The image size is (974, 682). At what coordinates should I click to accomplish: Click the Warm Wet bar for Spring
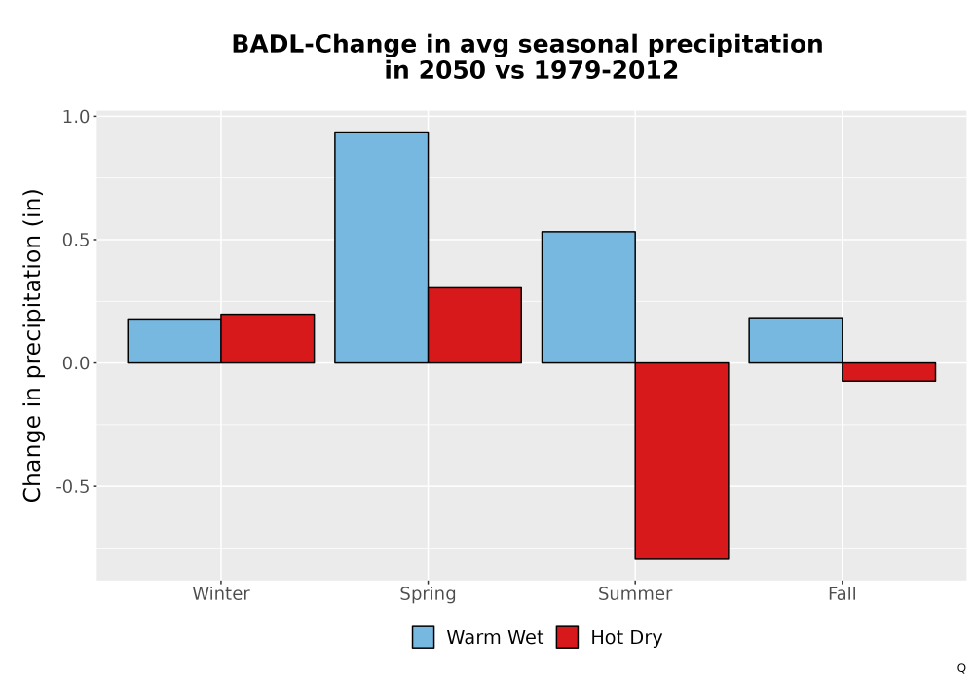[382, 247]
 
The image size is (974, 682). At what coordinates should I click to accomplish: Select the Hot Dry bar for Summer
[682, 461]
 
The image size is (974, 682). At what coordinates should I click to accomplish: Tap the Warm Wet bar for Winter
[174, 341]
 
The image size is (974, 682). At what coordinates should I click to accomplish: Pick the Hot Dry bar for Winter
[268, 338]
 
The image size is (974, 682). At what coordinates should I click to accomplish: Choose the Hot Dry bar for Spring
[474, 325]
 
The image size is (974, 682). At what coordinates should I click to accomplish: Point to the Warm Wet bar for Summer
[588, 297]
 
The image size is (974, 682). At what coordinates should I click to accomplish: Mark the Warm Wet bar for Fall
[796, 340]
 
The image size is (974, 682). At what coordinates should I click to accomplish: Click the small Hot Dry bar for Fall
[889, 372]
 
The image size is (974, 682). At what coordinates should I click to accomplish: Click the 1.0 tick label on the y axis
[76, 117]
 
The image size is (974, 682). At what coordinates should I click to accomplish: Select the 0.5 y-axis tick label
[76, 240]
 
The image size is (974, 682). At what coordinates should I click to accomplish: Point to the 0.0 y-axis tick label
[76, 363]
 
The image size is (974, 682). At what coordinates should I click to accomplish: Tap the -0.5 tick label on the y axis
[73, 486]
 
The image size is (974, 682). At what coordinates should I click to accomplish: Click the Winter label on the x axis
[221, 593]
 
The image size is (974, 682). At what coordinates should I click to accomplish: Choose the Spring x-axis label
[428, 594]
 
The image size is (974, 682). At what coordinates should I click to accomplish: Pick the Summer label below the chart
[635, 593]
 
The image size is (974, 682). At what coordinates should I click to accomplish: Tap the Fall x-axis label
[843, 593]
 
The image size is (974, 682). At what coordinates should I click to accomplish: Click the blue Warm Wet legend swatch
[423, 637]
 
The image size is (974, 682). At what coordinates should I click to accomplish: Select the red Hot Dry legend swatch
[567, 637]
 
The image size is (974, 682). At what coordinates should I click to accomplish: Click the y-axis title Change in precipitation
[32, 345]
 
